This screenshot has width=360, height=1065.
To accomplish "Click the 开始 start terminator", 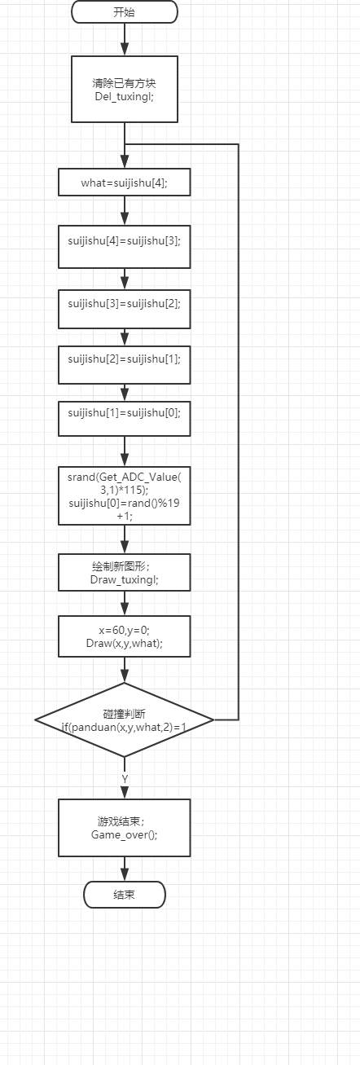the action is click(125, 12).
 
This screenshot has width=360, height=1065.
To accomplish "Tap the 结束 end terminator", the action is click(125, 895).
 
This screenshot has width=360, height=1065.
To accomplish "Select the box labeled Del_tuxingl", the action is click(125, 90).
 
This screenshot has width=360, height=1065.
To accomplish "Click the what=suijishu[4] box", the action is click(125, 182).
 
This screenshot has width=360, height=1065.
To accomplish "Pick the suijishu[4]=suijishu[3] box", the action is click(125, 247).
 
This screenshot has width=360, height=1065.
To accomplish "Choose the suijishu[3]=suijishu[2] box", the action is click(125, 309).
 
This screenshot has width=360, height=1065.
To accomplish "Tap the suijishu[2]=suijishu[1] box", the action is click(125, 365).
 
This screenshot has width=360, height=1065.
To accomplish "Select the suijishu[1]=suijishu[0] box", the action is click(125, 419).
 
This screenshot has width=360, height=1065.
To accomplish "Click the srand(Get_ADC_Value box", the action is click(125, 496).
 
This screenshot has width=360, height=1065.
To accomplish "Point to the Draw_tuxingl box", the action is click(125, 573).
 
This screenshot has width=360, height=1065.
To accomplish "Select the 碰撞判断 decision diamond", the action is click(125, 720).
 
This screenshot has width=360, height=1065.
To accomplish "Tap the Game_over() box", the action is click(125, 828).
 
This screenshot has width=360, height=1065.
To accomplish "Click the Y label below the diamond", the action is click(125, 779).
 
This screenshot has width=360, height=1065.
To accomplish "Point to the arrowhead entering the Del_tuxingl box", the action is click(125, 49).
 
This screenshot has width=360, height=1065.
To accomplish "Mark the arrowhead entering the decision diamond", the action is click(125, 676).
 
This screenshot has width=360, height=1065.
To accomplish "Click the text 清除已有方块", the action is click(124, 83).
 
